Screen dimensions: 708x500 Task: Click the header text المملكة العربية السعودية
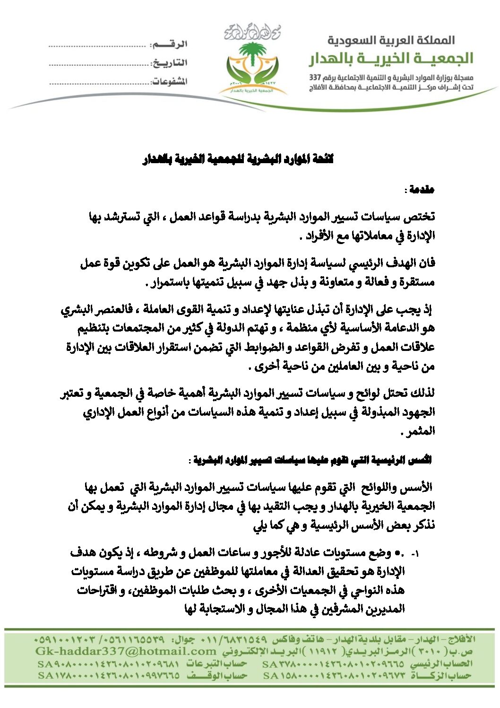pos(391,40)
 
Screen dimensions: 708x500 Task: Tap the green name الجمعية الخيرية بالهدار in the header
pos(391,59)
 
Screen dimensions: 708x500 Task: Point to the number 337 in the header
pos(315,77)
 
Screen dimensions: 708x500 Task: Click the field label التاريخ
pos(169,62)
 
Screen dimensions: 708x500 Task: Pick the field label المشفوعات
pos(169,81)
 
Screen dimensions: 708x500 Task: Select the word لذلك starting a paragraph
pos(423,393)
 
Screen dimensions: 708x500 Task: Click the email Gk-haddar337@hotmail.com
pos(126,651)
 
